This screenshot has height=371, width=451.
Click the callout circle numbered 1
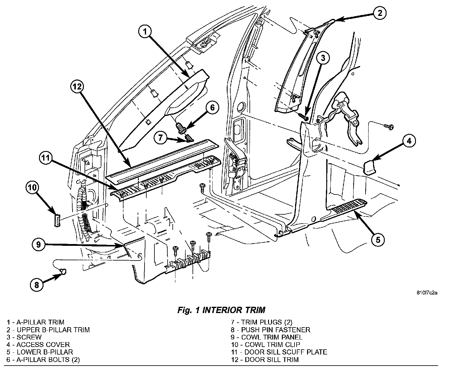tap(145, 32)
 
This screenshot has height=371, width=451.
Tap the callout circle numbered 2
tap(380, 13)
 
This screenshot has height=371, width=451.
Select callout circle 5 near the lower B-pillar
tap(378, 240)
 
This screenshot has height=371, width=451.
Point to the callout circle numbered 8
tap(37, 285)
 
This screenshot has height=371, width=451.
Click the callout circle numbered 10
tap(32, 188)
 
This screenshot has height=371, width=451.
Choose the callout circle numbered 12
tap(77, 87)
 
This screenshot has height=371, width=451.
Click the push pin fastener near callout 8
tap(63, 271)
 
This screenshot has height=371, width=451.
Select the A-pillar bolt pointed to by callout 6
tap(181, 128)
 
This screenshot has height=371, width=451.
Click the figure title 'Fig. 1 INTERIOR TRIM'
tap(221, 310)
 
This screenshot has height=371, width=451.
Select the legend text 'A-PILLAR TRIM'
tap(40, 322)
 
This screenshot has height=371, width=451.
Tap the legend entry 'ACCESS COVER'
tap(43, 345)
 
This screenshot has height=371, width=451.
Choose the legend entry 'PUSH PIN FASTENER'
tap(276, 330)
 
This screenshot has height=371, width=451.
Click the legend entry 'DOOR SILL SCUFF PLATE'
tap(286, 352)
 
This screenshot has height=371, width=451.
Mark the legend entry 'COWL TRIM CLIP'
tap(272, 345)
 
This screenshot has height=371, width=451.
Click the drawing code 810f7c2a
tap(427, 293)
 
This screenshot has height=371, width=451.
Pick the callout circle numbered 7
tap(161, 137)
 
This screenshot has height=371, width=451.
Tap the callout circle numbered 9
tap(38, 244)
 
